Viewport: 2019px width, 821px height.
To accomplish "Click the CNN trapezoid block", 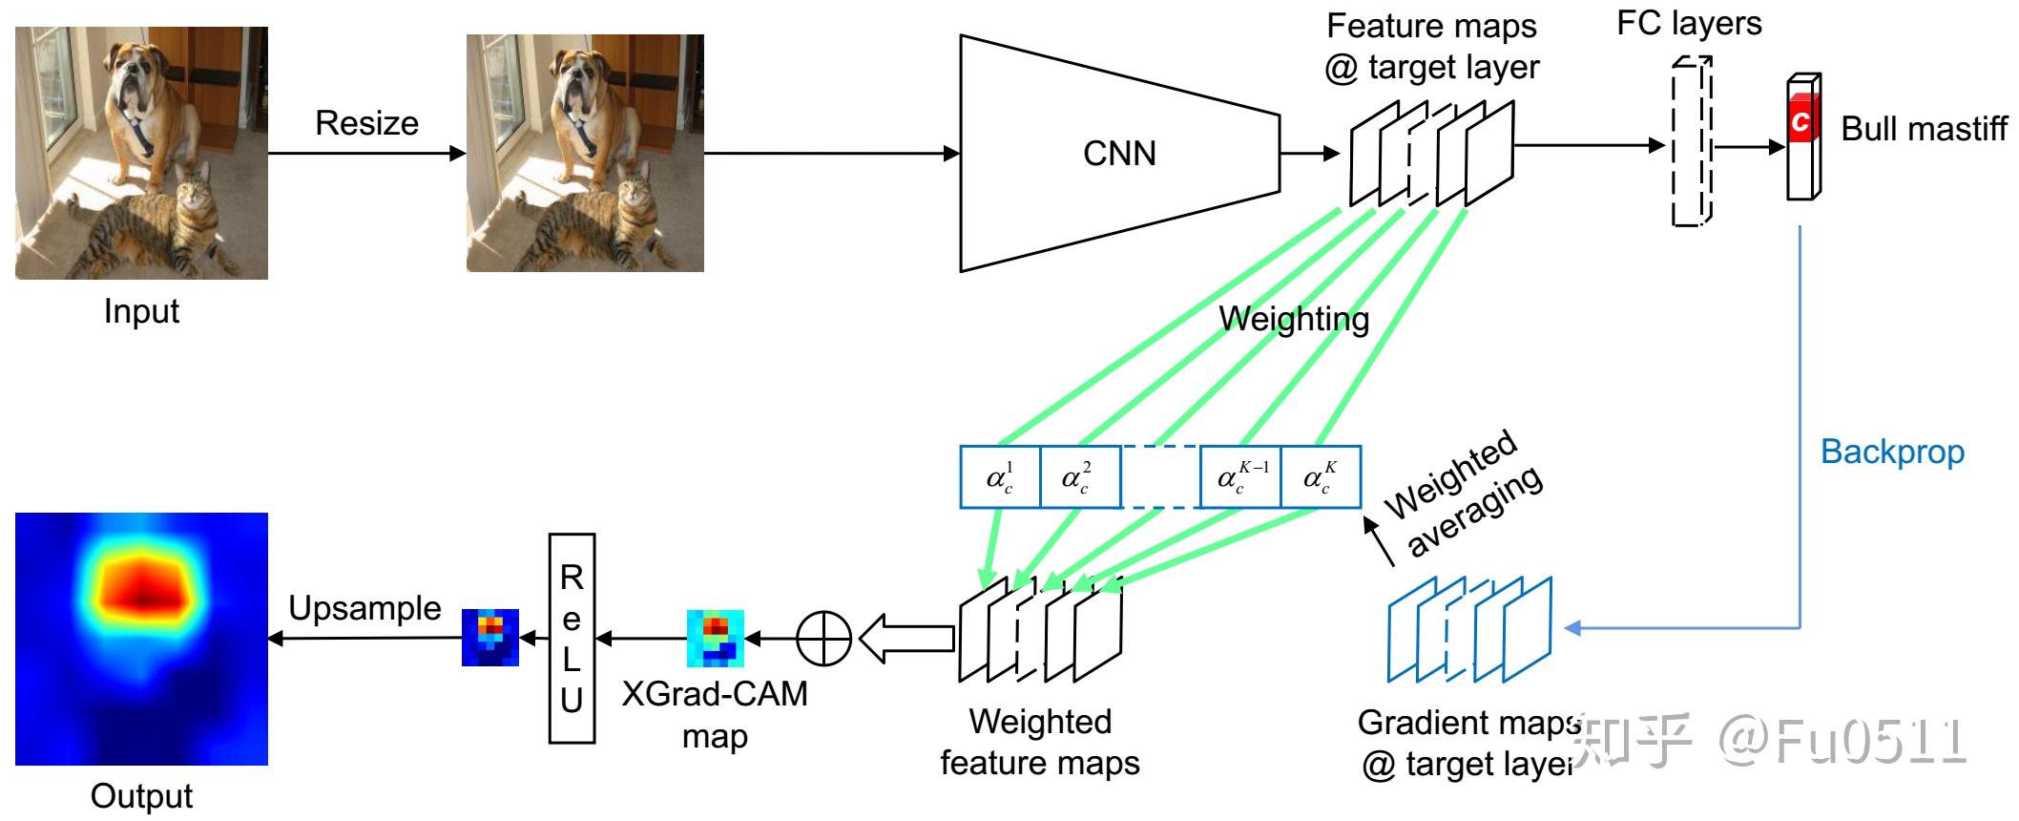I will (x=1118, y=154).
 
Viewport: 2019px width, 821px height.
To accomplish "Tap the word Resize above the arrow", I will (x=366, y=123).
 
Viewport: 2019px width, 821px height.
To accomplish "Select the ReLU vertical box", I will (x=572, y=638).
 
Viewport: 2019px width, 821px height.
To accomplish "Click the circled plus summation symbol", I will (x=823, y=638).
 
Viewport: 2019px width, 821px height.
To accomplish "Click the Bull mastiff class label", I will (x=1924, y=129).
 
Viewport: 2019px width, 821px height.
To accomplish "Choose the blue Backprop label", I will (x=1892, y=452).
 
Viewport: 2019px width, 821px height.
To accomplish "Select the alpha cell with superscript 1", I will (x=1000, y=476).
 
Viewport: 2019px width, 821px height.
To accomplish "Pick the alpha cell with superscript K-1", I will (x=1240, y=476).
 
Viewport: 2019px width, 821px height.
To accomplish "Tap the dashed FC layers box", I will (x=1691, y=141).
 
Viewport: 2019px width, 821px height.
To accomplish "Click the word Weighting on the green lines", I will (x=1294, y=319).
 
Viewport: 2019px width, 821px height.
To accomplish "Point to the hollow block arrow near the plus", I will (x=906, y=639).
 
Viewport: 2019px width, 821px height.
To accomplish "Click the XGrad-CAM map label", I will (x=715, y=714).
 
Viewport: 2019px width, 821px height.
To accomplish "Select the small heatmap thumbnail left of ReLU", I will (x=490, y=637).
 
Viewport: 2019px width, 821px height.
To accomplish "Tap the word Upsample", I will (x=364, y=608).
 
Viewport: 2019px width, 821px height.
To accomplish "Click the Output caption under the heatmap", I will (x=141, y=795).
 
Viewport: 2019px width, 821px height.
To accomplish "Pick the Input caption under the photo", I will (x=141, y=311).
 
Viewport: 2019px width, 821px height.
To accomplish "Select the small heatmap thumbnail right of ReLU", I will (x=716, y=638).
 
